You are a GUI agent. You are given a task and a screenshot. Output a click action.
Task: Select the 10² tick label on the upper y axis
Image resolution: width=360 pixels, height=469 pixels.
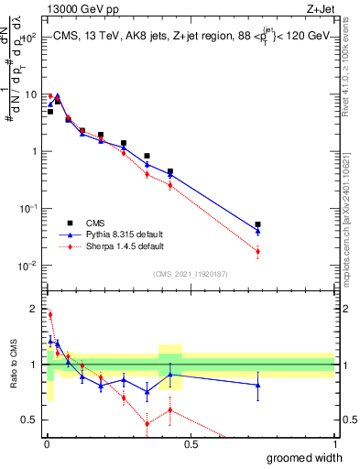pyautogui.click(x=30, y=38)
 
